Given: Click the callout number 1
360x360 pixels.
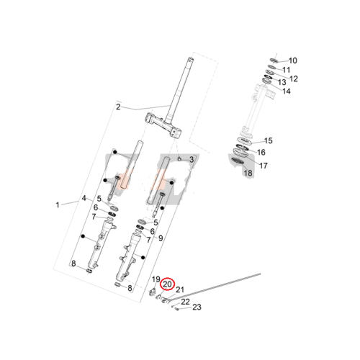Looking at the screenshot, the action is (x=58, y=205).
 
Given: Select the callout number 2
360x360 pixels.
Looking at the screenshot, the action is (x=118, y=107).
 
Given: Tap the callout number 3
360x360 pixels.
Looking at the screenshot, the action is (x=192, y=160).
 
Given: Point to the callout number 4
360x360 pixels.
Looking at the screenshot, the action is (x=84, y=198).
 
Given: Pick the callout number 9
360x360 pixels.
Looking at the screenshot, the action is (x=161, y=238).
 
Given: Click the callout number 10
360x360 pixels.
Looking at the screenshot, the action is (x=292, y=60).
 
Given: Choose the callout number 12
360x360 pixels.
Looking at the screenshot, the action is (x=294, y=78).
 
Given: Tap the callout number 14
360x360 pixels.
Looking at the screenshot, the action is (x=287, y=91).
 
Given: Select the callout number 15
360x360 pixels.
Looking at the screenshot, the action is (x=269, y=140).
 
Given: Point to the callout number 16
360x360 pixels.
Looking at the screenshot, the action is (x=261, y=152).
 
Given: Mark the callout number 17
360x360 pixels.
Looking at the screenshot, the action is (x=264, y=166).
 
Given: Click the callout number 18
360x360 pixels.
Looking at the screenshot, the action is (x=248, y=173).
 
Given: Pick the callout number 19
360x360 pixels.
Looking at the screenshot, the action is (x=156, y=279).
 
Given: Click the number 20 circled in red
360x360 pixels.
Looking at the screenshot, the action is (x=167, y=284).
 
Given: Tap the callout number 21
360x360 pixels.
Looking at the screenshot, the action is (x=180, y=289).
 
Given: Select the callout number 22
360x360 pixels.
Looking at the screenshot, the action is (x=185, y=302).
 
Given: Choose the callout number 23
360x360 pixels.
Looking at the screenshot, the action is (x=197, y=307).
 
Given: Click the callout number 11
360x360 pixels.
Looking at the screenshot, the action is (x=287, y=70).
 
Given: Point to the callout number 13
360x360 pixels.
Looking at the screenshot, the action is (x=282, y=82).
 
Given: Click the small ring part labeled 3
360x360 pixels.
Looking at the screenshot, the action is (x=179, y=158).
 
